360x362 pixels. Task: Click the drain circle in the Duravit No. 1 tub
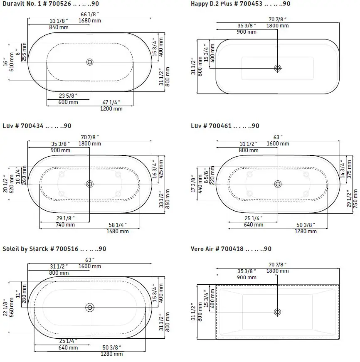click(x=90, y=62)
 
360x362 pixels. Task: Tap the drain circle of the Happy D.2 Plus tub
click(x=278, y=68)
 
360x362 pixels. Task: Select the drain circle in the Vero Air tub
click(x=278, y=312)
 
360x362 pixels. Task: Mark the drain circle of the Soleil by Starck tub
click(x=90, y=308)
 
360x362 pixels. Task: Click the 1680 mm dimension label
click(x=90, y=21)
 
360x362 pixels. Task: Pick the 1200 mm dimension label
click(x=111, y=108)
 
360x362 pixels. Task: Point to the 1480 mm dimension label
click(x=118, y=231)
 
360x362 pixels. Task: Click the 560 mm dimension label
click(x=11, y=307)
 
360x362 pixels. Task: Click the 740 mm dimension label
click(x=65, y=225)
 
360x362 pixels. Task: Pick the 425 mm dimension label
click(x=160, y=167)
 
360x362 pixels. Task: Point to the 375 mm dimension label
click(x=349, y=169)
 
